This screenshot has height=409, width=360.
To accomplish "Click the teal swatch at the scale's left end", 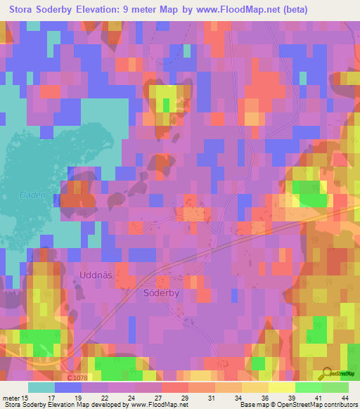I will point(41,388).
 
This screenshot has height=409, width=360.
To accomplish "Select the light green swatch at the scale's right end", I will point(335,388).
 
